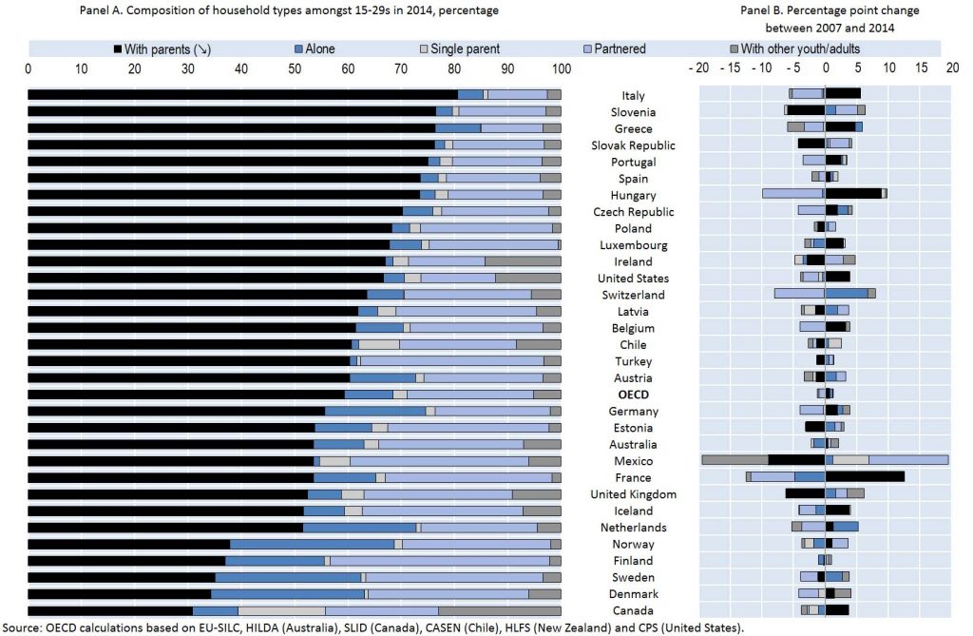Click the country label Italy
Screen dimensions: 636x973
[633, 95]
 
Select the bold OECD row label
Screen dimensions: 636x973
[633, 395]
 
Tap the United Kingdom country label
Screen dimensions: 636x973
[633, 494]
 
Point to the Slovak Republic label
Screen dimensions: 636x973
[633, 145]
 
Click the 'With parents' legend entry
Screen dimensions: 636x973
[161, 48]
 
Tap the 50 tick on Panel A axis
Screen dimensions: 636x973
[295, 68]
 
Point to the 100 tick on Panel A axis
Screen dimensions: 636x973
[561, 68]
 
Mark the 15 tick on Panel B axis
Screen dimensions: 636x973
[919, 68]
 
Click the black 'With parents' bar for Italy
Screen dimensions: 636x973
[242, 94]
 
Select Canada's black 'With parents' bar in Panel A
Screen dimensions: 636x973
[110, 610]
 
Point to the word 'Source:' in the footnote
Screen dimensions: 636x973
[20, 627]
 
